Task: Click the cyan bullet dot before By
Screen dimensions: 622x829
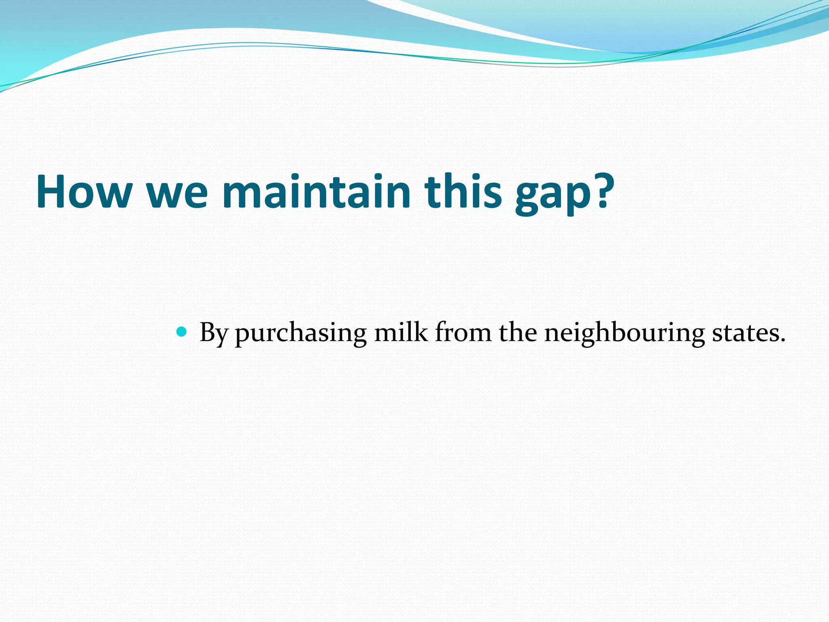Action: point(182,332)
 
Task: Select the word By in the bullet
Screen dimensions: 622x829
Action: point(213,333)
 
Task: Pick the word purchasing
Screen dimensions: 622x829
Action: point(300,334)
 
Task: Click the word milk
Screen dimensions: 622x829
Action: point(400,332)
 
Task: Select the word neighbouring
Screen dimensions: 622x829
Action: point(624,334)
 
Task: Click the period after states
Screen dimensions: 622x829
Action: point(782,340)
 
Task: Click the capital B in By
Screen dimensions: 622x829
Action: point(207,332)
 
